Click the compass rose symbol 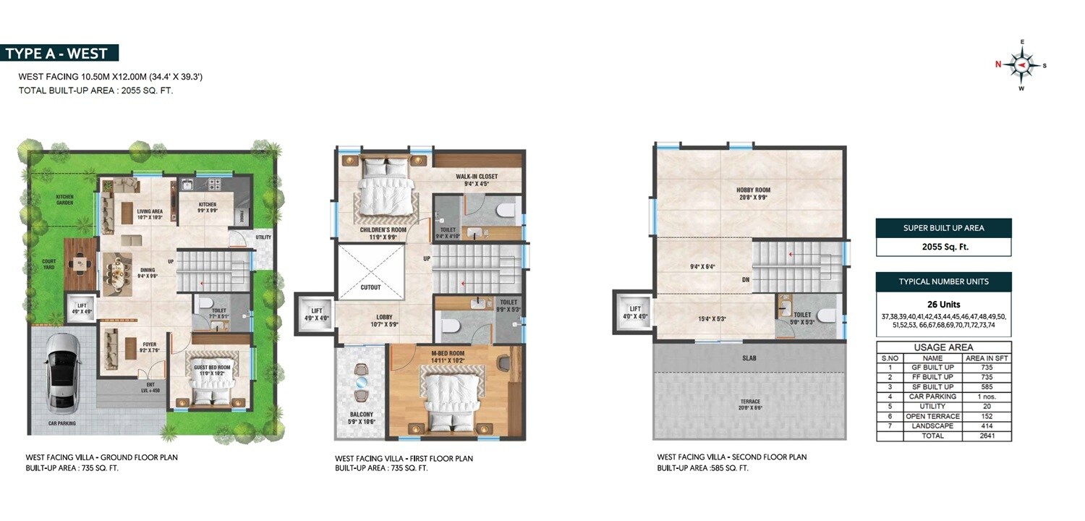click(1021, 66)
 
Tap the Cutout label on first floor click(370, 287)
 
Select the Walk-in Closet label click(476, 179)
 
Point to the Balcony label click(361, 418)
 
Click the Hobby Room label click(753, 194)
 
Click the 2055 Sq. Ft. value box click(943, 247)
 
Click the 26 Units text click(943, 304)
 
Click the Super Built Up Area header click(943, 228)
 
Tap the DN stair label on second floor click(745, 279)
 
